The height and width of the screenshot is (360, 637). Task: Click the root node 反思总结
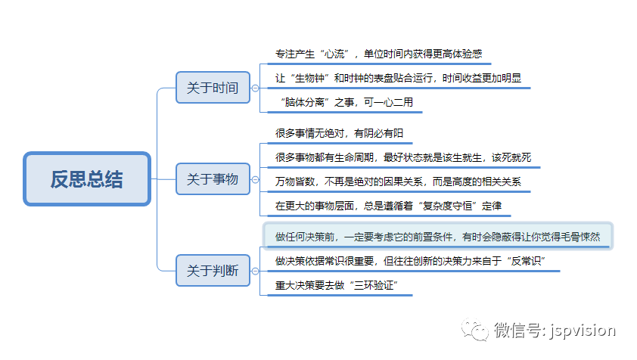coord(87,178)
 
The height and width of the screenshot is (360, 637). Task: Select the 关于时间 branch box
coord(213,88)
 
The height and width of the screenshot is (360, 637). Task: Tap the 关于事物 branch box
coord(213,178)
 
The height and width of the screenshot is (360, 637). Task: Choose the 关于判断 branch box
coord(213,270)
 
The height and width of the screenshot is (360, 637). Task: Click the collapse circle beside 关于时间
coord(255,88)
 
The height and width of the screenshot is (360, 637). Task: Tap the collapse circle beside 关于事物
coord(255,179)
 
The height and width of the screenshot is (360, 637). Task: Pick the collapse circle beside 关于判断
coord(255,271)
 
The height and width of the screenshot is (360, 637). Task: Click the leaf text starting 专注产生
coord(378,54)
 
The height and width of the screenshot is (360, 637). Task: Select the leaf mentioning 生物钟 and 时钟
coord(398,78)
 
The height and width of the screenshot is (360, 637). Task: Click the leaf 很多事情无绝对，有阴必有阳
coord(339,133)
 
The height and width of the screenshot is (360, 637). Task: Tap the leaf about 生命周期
coord(403,157)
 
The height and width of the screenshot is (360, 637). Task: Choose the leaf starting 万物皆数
coord(398,182)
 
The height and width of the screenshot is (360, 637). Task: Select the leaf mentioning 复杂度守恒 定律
coord(388,206)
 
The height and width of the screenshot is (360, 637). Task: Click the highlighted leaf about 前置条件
coord(437,237)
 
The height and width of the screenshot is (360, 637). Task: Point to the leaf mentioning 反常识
coord(410,261)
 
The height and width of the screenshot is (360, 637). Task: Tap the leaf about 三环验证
coord(337,285)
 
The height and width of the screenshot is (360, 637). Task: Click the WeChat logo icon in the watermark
coord(474,330)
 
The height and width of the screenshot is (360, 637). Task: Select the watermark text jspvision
coord(583,331)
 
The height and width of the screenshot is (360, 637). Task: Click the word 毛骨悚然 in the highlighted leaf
coord(580,237)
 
